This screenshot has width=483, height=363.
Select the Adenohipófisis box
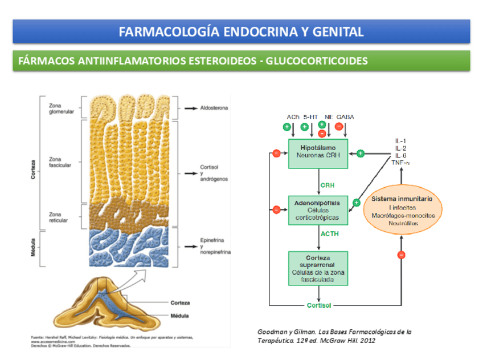click(318, 210)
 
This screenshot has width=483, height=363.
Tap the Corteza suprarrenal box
click(318, 268)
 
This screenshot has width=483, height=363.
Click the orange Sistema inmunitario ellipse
click(402, 211)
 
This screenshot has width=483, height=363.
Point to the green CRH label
click(328, 185)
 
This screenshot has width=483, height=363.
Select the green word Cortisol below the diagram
click(319, 305)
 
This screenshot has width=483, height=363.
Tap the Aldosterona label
click(214, 108)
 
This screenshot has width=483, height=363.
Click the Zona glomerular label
click(62, 107)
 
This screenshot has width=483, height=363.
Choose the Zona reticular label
click(59, 217)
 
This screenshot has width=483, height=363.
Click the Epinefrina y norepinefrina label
click(215, 247)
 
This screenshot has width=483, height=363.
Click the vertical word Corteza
click(34, 170)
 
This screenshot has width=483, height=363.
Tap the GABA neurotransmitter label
click(345, 117)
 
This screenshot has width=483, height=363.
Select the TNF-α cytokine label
click(402, 163)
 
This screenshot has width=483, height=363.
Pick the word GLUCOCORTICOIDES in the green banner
click(318, 61)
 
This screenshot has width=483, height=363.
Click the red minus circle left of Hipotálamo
click(276, 153)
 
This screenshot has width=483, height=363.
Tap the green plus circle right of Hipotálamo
click(360, 153)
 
